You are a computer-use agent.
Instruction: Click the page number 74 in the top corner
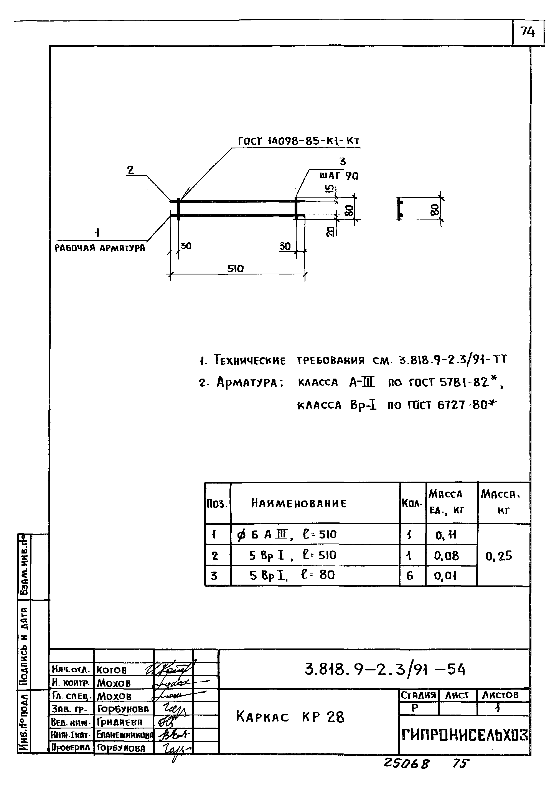coord(528,32)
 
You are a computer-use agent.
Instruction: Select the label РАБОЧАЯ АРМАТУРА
coord(100,248)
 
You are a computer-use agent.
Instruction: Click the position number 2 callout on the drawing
coord(130,170)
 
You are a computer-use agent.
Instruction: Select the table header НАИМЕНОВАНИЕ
coord(298,504)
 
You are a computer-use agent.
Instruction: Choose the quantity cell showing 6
coord(410,576)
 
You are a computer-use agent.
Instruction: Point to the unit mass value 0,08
coord(447,556)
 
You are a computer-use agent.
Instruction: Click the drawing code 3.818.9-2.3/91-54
coord(384,670)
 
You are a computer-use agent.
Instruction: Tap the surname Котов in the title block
coord(112,670)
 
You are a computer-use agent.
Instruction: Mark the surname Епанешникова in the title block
coord(125,735)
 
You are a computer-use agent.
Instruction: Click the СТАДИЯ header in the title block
coord(418,695)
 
